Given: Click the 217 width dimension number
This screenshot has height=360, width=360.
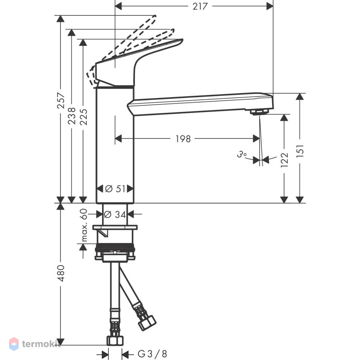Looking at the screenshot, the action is point(200,6).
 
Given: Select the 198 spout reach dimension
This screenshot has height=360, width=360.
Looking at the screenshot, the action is point(183,139).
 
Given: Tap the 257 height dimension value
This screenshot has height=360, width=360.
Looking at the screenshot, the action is point(61,100).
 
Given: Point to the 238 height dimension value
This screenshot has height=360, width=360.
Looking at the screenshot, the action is point(72,116).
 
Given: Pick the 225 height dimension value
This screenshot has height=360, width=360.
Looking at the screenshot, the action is point(84,117).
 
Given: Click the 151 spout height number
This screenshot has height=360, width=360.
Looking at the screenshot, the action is point(300,151).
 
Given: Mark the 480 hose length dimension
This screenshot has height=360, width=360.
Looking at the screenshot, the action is point(61,273).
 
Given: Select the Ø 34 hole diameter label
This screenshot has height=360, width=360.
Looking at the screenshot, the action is point(115,215).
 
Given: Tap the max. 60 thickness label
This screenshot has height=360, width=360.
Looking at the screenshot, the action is point(84,225).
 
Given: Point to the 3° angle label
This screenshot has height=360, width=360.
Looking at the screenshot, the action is point(242,154).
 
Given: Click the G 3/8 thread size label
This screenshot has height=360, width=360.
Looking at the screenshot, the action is point(152,354).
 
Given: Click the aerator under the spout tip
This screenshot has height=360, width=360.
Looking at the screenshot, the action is point(260,112).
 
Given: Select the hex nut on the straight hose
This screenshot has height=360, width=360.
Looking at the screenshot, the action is point(115,341).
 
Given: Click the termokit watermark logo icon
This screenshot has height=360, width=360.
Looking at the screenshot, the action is point(14,344).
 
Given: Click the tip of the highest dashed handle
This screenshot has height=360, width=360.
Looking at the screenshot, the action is point(155,16).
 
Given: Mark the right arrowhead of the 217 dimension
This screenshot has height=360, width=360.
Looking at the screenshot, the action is point(270,6).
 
